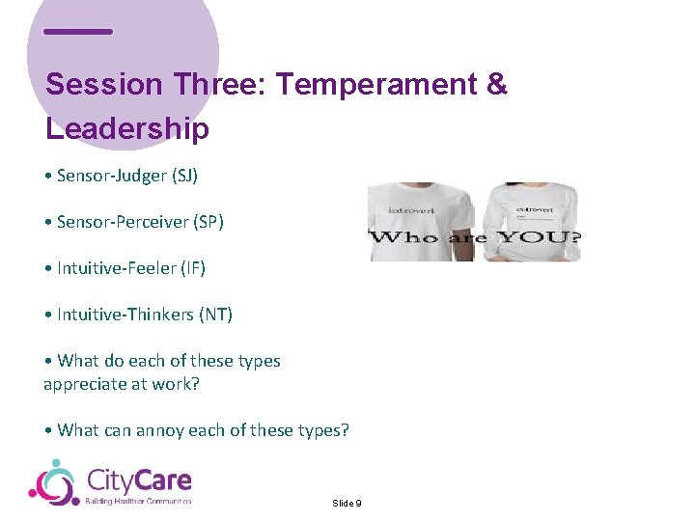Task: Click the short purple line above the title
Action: (78, 32)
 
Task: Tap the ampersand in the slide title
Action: (497, 85)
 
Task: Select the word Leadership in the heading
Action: (126, 129)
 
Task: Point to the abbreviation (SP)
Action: (208, 222)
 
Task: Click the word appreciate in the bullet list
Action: (86, 384)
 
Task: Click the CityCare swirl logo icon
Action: (53, 481)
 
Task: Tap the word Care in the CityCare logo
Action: (161, 480)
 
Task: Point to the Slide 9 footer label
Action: (347, 504)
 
